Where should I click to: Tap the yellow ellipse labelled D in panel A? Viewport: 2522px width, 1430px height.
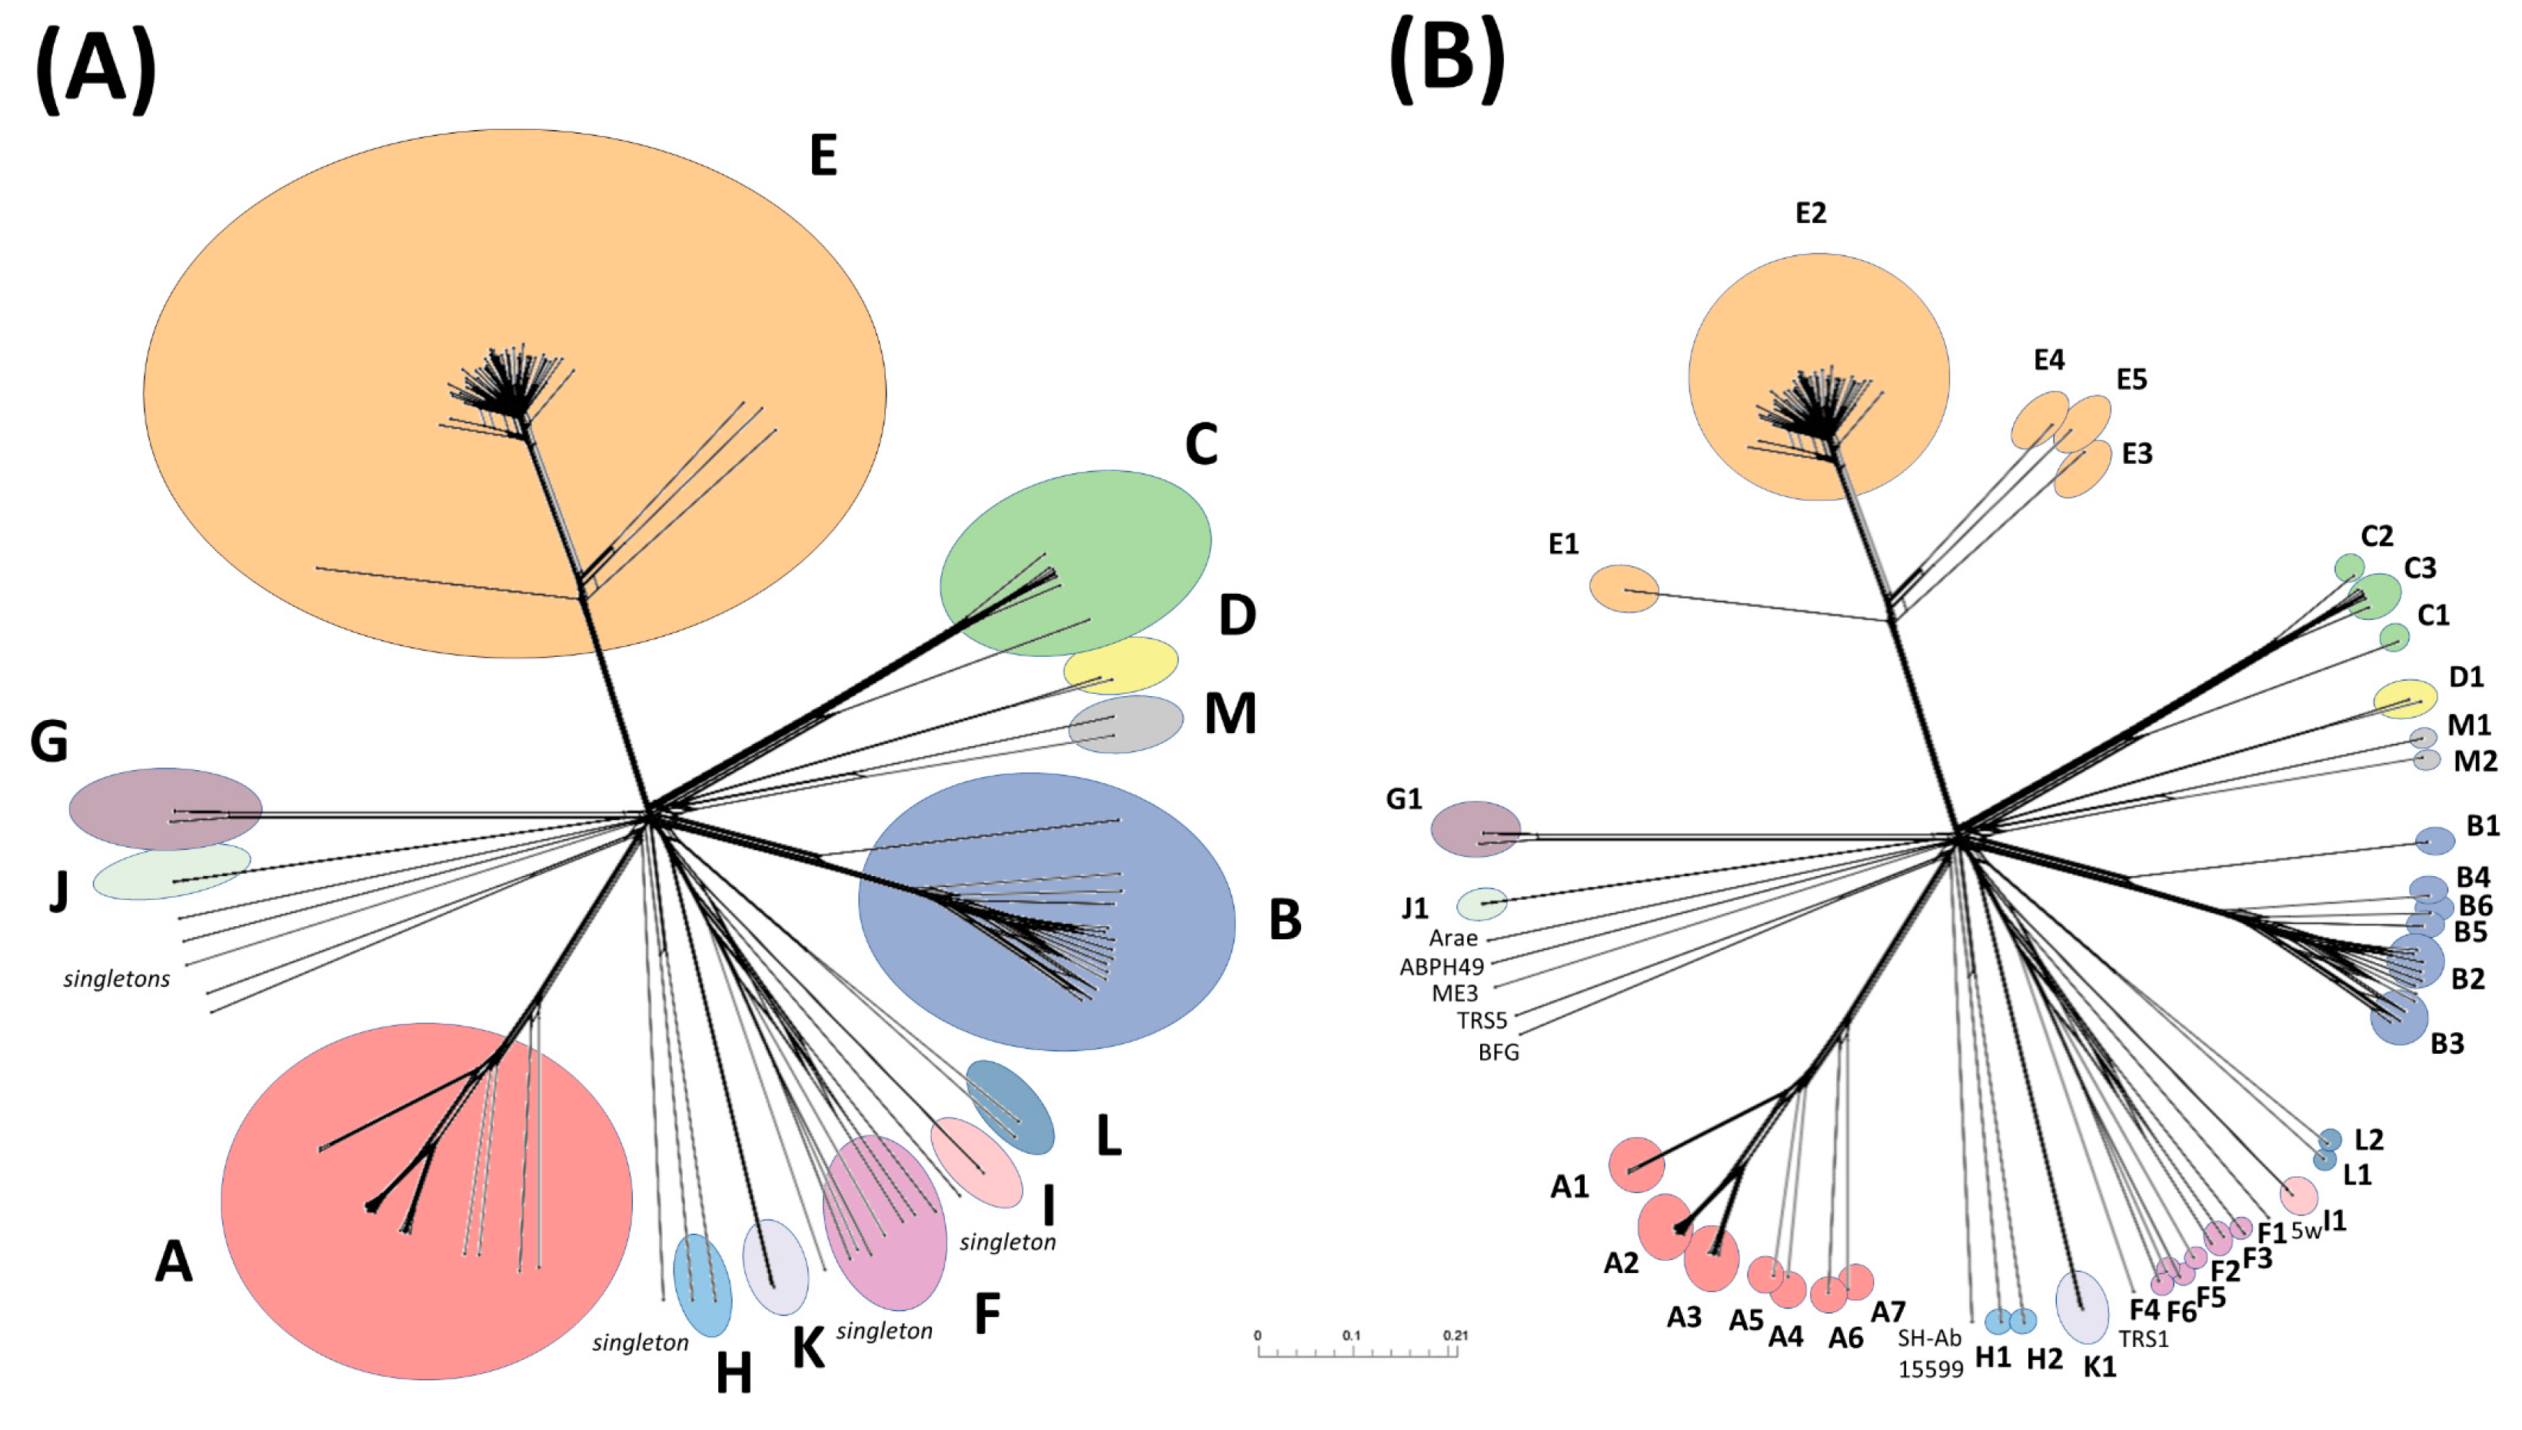pos(1121,665)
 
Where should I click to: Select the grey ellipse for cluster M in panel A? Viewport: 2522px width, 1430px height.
pos(1126,725)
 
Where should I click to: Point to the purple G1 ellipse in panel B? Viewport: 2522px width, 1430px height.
pos(1476,829)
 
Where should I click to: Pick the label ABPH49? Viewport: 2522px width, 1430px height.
pos(1441,966)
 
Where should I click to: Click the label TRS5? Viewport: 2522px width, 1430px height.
pos(1482,1021)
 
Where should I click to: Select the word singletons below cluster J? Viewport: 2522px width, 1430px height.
pos(117,979)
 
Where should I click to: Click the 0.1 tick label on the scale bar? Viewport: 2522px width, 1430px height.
pos(1351,1335)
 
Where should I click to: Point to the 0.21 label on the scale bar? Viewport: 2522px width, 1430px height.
pos(1455,1335)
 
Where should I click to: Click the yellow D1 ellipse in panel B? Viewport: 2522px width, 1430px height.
pos(2405,698)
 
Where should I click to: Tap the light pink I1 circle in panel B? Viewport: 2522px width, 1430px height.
pos(2298,1195)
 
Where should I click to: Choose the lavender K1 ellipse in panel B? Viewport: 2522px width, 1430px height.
pos(2082,1306)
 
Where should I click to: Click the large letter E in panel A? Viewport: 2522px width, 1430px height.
pos(823,155)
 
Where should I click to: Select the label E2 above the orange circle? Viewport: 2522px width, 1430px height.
pos(1812,213)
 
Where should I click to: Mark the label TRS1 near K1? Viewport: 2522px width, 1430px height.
pos(2143,1338)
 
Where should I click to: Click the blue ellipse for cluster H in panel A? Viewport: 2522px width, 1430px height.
pos(702,1285)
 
